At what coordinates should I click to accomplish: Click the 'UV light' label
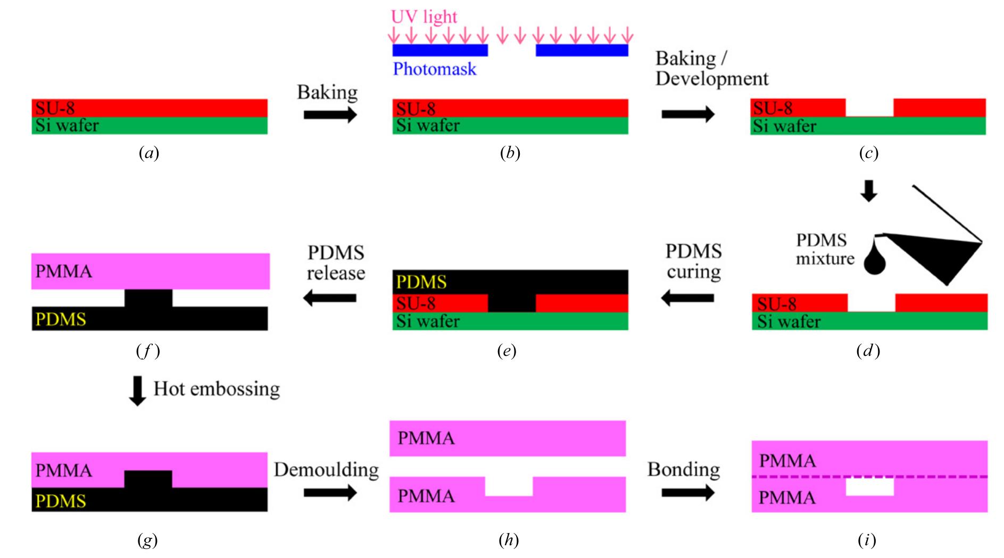tap(424, 17)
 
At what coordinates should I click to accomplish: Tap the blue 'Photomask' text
tap(434, 69)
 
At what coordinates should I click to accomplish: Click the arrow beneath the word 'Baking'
tap(330, 114)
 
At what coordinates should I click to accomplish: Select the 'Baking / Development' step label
tap(711, 69)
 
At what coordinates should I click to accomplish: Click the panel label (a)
tap(149, 154)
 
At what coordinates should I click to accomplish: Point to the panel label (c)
tap(868, 154)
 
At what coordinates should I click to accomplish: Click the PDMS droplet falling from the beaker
tap(874, 261)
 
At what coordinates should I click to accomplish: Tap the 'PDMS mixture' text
tap(824, 249)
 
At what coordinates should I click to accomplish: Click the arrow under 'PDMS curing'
tap(687, 298)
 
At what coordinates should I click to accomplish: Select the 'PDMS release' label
tap(336, 263)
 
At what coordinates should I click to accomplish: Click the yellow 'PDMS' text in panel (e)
tap(421, 282)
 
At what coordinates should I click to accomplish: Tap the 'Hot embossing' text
tap(217, 389)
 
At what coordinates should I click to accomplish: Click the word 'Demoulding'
tap(326, 470)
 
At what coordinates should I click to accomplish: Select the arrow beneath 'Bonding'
tap(687, 493)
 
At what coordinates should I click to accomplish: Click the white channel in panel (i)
tap(869, 487)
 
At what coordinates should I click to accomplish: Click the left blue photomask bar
tap(440, 50)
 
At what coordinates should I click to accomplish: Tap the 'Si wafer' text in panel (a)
tap(67, 126)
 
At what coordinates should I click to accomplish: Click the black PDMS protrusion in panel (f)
tap(148, 298)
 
